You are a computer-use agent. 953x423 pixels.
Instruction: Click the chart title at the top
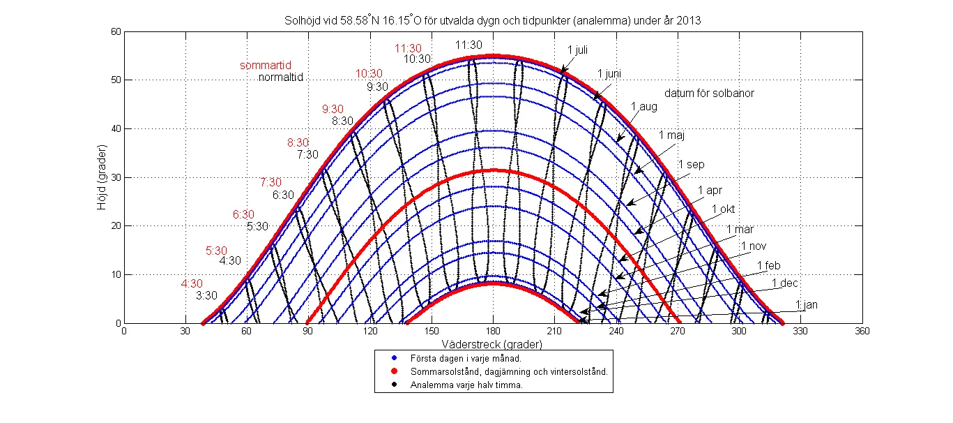[x=492, y=21]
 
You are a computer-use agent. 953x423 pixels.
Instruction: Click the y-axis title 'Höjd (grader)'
[x=103, y=177]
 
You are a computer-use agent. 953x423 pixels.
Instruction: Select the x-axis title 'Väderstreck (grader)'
[x=492, y=344]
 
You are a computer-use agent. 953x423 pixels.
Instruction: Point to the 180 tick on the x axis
[x=494, y=332]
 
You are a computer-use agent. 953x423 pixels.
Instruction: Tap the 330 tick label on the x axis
[x=800, y=332]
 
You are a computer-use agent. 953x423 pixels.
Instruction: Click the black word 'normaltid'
[x=282, y=77]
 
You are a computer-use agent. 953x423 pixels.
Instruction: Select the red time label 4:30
[x=192, y=283]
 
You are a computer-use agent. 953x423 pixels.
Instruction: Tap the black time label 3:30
[x=206, y=295]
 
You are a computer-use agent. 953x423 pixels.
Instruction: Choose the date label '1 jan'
[x=807, y=304]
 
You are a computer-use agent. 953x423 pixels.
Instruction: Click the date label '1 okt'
[x=723, y=209]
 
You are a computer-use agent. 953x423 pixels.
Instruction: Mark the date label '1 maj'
[x=671, y=135]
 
